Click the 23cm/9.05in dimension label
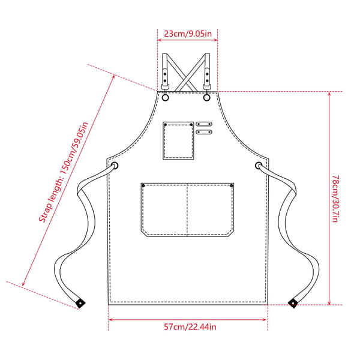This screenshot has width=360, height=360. (188, 34)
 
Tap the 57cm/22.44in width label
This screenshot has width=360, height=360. (190, 327)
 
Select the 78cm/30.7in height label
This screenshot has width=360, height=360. (335, 199)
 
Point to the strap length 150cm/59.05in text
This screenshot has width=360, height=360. (64, 172)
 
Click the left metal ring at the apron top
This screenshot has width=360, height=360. (166, 98)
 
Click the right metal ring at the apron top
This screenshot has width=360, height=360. (206, 98)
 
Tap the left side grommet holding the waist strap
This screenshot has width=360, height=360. (115, 166)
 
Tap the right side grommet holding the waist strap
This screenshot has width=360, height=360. (259, 166)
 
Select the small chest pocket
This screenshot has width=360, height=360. (178, 140)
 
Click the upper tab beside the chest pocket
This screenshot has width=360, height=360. (204, 124)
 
